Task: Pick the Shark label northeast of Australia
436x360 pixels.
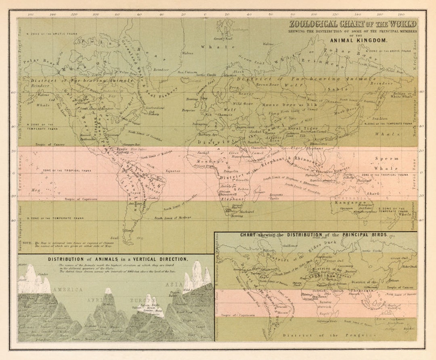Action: (373, 194)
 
